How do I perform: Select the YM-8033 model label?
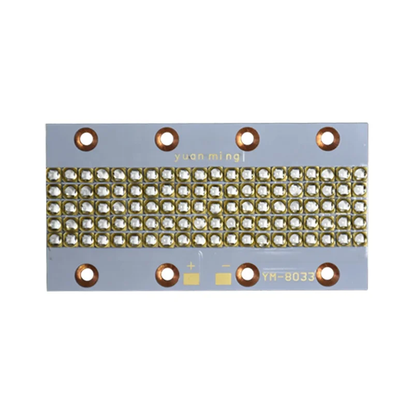[288, 277]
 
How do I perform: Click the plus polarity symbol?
[190, 267]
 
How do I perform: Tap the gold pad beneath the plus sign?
[190, 279]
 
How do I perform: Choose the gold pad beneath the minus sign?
[224, 279]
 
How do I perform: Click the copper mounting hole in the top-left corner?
[86, 138]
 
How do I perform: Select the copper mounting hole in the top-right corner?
[328, 138]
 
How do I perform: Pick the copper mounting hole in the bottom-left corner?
[86, 274]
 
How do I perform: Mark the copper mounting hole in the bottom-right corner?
[328, 274]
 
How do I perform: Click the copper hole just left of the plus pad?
[167, 274]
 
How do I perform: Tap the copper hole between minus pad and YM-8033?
[247, 274]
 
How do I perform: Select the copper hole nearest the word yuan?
[167, 138]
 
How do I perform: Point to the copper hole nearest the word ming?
[247, 138]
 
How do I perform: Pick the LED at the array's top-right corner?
[359, 174]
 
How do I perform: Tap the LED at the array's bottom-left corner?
[55, 239]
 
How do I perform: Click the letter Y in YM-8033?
[265, 277]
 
